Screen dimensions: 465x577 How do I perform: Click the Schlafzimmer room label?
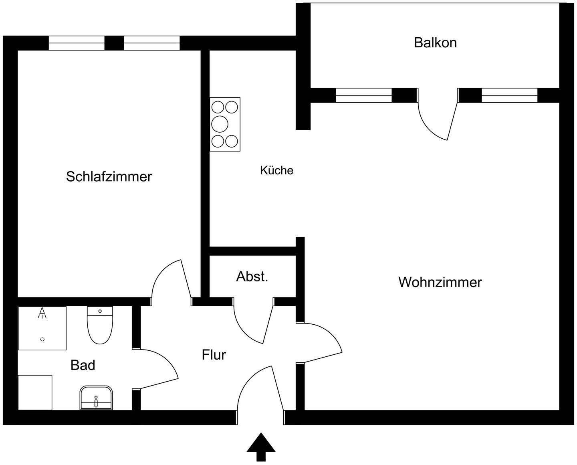[x=109, y=176]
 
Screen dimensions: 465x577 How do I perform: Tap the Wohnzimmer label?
[x=440, y=282]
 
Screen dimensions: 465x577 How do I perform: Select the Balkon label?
[x=435, y=42]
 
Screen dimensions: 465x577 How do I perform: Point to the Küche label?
[x=276, y=170]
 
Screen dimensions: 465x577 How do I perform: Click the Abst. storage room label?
[x=252, y=277]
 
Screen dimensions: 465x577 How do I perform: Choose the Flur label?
[x=214, y=355]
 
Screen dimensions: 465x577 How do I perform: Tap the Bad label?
[x=83, y=365]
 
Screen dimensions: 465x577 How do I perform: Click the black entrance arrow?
[x=261, y=447]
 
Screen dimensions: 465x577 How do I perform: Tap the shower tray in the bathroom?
[x=42, y=328]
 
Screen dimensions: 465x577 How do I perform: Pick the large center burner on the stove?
[x=220, y=124]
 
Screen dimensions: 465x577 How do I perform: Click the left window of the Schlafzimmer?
[x=77, y=43]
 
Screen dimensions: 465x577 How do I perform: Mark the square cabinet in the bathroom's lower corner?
[x=35, y=392]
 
